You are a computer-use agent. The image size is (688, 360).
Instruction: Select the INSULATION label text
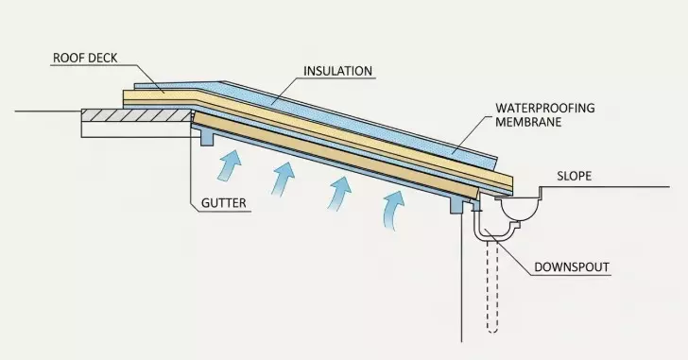tap(337, 71)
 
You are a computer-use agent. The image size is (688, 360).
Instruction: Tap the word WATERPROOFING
tap(545, 109)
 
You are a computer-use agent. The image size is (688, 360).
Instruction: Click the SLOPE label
tap(576, 177)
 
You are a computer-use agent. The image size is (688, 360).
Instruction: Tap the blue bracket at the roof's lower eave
tap(457, 202)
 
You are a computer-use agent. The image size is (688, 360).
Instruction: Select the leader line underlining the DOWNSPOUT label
tap(567, 277)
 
